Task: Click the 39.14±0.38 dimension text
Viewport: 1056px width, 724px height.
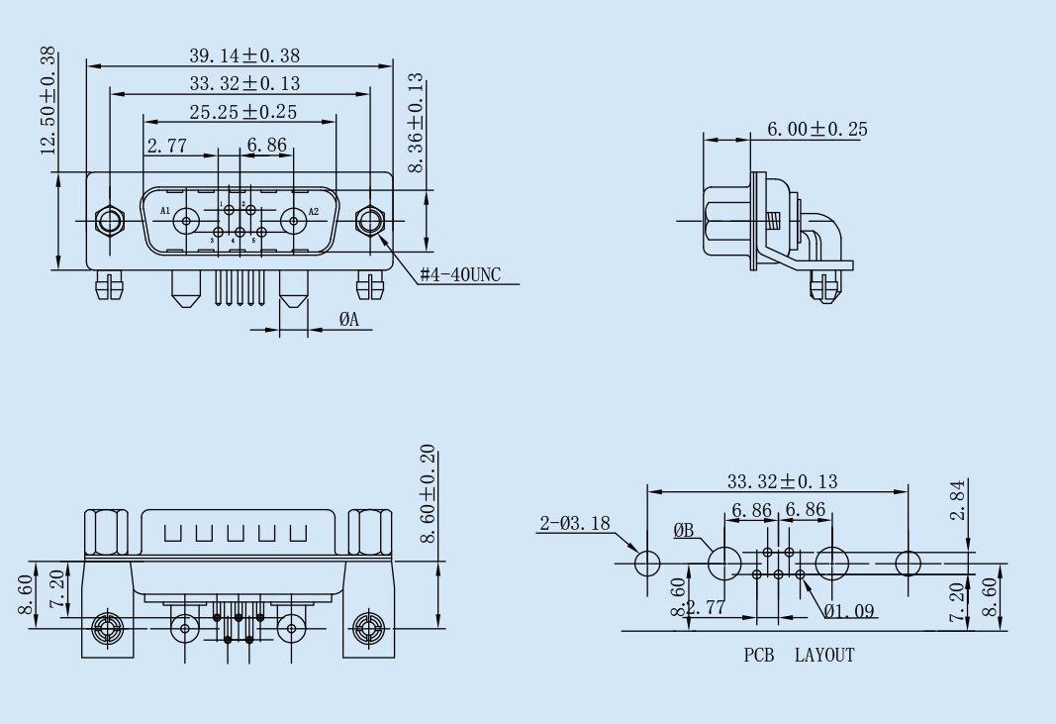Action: point(244,55)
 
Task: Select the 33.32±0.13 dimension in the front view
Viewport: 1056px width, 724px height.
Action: point(244,82)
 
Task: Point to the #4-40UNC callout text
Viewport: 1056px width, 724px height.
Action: point(460,274)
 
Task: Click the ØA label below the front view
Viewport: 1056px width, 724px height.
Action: point(348,319)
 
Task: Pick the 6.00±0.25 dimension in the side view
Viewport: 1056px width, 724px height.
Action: point(818,129)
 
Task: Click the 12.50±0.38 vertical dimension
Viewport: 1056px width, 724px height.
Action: point(48,101)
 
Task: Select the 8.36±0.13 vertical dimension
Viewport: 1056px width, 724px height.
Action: point(417,122)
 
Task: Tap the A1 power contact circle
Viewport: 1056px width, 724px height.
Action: point(185,220)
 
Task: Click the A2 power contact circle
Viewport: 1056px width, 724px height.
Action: point(294,220)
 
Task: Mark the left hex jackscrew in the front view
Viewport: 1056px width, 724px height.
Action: point(107,220)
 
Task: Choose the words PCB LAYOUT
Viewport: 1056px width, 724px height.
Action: point(799,655)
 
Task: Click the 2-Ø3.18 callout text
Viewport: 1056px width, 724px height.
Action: point(574,524)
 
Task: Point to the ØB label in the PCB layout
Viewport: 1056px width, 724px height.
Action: point(684,531)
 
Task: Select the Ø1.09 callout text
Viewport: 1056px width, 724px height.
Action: point(849,611)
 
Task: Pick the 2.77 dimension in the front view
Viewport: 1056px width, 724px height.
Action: point(167,147)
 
